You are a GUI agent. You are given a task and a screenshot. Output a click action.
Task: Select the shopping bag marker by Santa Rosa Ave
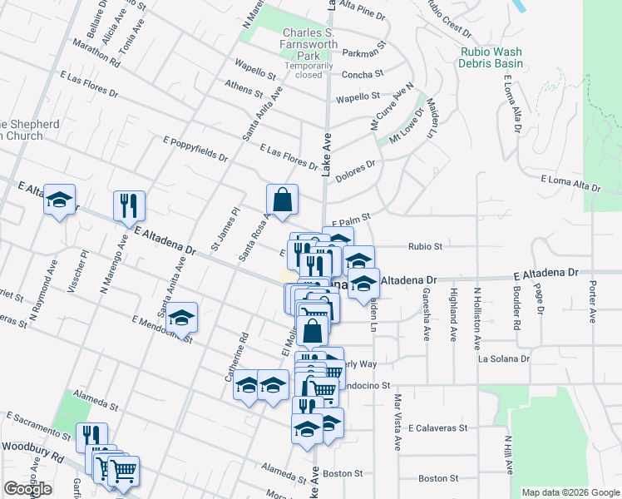coord(282,200)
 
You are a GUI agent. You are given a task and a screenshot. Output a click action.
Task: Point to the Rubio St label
coord(425,246)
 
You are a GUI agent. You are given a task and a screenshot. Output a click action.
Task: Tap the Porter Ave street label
coord(594,306)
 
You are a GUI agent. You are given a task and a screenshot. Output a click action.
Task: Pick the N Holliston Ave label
coord(477,319)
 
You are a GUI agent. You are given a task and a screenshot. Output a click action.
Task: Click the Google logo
coord(27,489)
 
